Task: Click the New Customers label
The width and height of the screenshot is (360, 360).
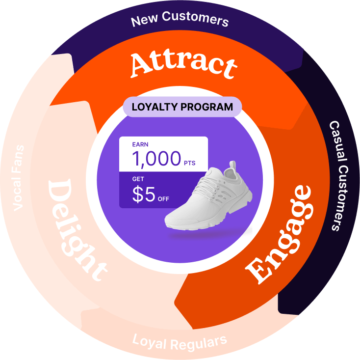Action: [x=180, y=21]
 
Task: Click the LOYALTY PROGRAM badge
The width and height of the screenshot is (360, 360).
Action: [x=182, y=107]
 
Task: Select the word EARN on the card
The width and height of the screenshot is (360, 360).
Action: [x=140, y=145]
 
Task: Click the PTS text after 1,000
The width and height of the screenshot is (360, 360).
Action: [x=190, y=163]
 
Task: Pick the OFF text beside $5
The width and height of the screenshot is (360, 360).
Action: [x=163, y=199]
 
